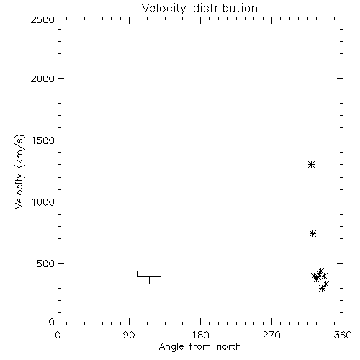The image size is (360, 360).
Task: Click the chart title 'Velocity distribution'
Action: point(199,9)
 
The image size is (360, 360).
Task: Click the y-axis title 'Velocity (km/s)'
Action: point(19,171)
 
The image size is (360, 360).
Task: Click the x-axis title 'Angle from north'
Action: point(199,347)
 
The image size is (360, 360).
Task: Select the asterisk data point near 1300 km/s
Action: point(311,165)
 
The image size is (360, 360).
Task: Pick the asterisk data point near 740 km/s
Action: point(312,233)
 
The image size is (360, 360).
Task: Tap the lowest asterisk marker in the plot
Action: point(323,289)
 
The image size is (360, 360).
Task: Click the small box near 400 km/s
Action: point(149,274)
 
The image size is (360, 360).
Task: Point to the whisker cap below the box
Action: point(149,284)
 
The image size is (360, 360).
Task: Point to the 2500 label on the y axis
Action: point(42,19)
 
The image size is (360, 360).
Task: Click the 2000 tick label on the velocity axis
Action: point(42,78)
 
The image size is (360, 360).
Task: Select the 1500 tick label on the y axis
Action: point(43,140)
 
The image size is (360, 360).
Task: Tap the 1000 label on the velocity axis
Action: point(43,202)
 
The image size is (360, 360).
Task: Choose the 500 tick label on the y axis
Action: point(46,264)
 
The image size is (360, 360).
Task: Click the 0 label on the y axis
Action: point(52,322)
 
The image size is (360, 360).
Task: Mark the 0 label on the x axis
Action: point(58,335)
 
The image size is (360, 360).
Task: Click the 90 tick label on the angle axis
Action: point(129,335)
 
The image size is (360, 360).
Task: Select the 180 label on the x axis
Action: point(200,335)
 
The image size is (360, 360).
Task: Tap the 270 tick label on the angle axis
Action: point(271,335)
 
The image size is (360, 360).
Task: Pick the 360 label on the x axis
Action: point(343,335)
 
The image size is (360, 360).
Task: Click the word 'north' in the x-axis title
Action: point(229,347)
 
